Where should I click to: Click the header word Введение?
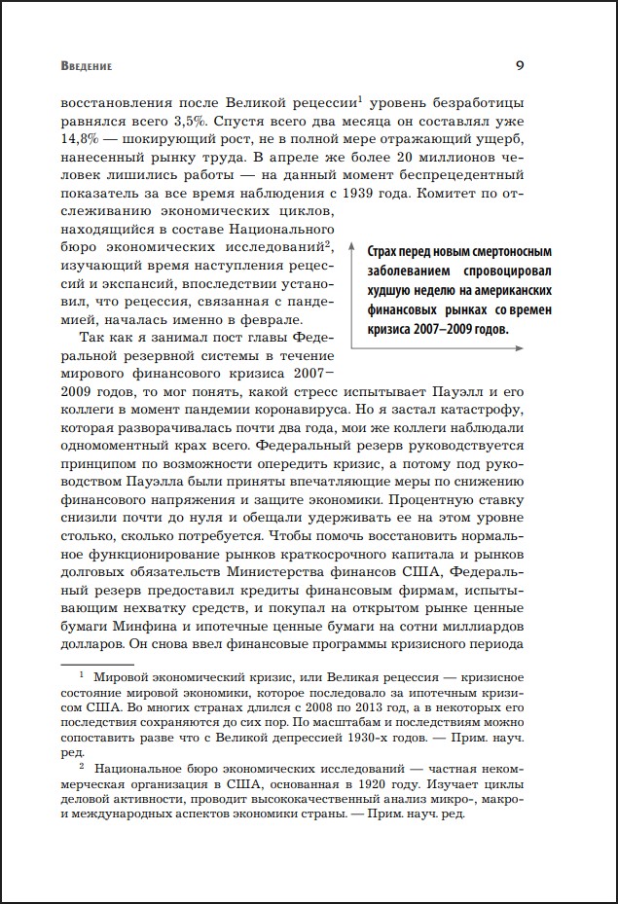(86, 67)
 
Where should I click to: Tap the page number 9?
(520, 66)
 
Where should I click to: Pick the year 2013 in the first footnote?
(358, 721)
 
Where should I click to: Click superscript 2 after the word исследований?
(330, 244)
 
